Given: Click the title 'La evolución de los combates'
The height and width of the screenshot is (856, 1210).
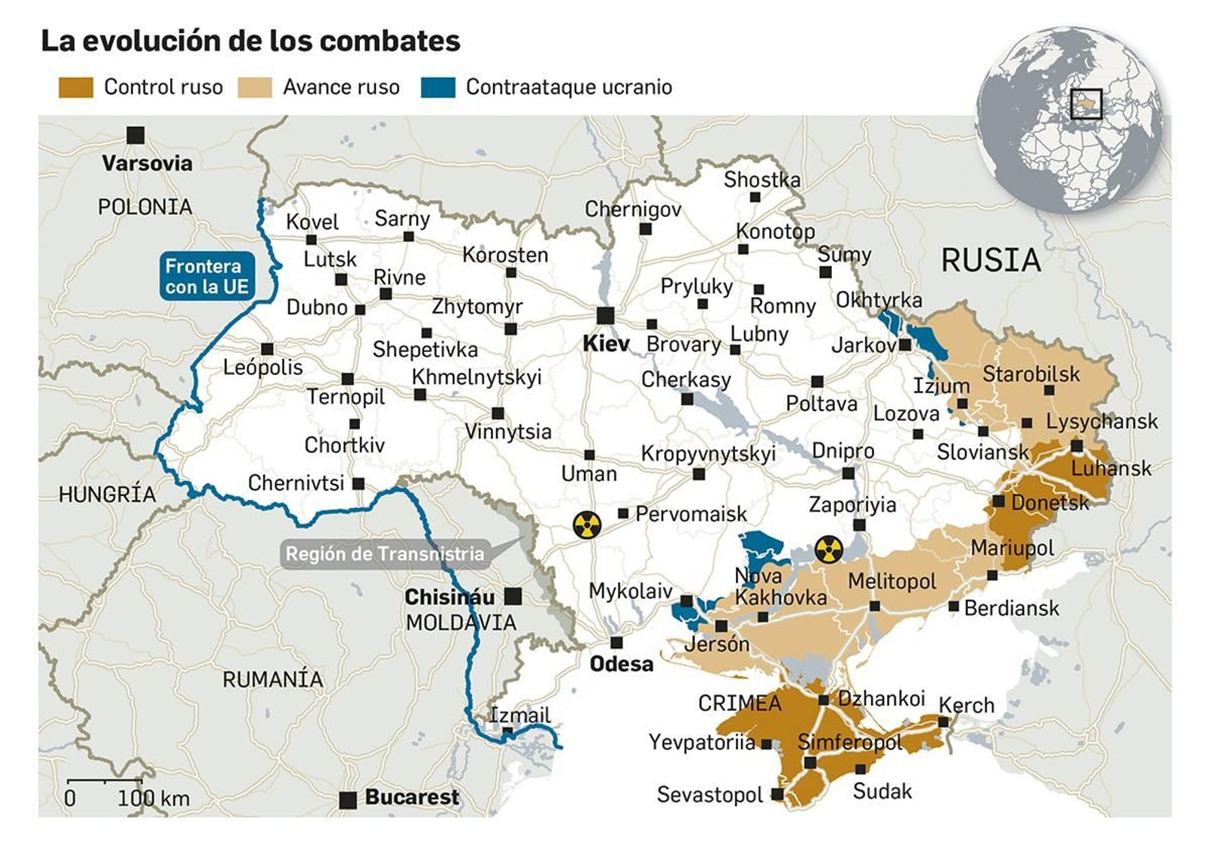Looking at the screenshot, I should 250,41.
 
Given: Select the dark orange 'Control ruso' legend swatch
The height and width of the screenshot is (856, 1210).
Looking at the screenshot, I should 76,88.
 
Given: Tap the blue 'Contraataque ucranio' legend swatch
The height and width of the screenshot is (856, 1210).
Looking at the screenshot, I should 438,88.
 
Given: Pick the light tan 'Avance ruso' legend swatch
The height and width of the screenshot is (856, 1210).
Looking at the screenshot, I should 255,88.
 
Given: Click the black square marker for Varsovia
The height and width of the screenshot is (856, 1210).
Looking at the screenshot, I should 135,135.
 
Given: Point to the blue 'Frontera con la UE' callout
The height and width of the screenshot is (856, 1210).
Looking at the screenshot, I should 206,276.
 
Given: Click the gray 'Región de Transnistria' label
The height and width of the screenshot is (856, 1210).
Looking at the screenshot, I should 384,554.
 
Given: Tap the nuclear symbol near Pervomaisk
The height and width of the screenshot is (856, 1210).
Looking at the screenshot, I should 587,524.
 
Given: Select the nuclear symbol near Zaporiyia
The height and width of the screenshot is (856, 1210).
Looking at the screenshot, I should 829,550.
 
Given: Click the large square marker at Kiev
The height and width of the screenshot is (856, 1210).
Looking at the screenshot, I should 605,315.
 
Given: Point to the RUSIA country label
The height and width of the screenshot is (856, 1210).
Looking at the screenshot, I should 991,261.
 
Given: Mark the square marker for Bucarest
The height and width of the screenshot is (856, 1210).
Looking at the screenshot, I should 348,800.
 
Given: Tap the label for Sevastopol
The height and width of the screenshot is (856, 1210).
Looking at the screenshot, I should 709,795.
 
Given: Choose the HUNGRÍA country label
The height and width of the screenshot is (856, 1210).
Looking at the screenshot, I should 107,495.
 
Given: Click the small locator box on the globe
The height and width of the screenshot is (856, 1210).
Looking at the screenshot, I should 1086,104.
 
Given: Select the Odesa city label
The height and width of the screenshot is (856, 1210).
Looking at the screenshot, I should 621,664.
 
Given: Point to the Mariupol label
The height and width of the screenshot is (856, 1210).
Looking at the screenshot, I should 1012,547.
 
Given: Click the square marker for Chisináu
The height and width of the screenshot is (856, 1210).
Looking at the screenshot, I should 513,596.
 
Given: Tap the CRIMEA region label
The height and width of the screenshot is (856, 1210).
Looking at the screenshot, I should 739,703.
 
